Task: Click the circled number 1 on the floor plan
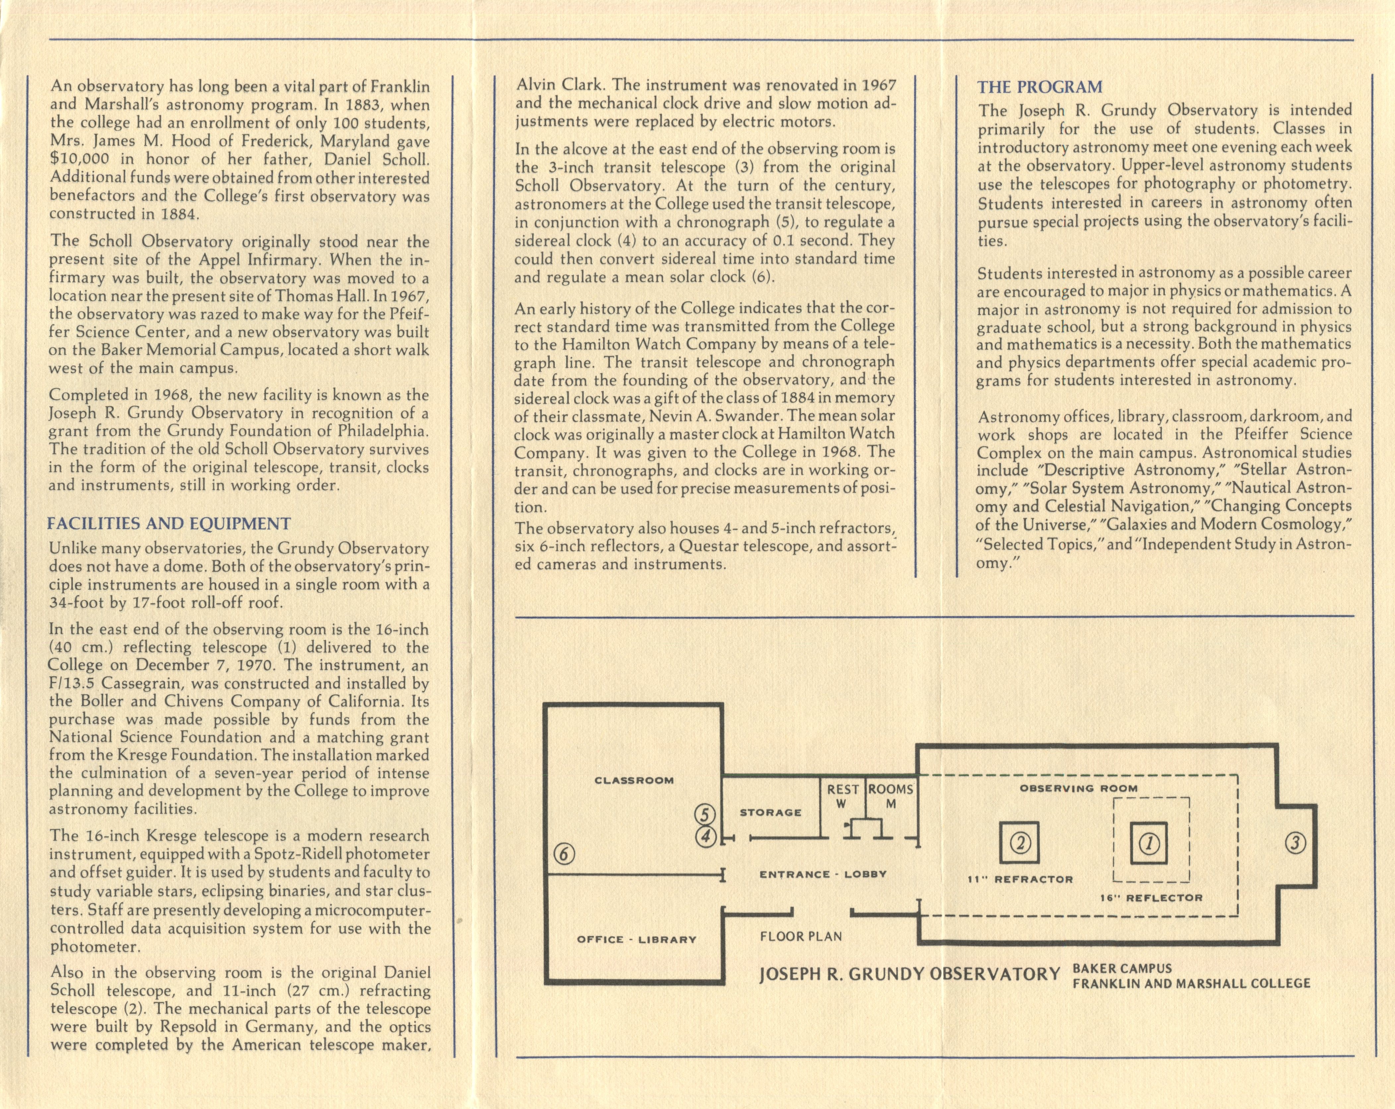(1149, 843)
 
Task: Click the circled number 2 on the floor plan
(1020, 843)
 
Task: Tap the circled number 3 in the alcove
(1295, 843)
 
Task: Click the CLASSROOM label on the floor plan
(634, 780)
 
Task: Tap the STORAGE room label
(771, 812)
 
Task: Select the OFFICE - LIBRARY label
(637, 939)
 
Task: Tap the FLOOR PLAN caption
(801, 936)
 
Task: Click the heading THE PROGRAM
(1040, 87)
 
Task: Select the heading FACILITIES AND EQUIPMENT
(169, 524)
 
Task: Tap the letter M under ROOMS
(891, 804)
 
